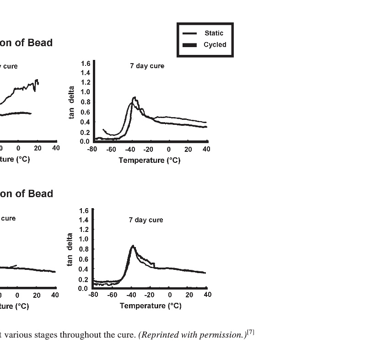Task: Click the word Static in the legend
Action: coord(214,33)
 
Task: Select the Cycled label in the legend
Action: coord(215,45)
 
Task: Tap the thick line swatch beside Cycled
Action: coord(189,45)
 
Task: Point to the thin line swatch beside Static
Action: coord(189,33)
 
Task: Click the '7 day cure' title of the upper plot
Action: coord(147,66)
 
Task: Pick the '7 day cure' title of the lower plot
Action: coord(145,220)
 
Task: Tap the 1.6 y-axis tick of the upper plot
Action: coord(86,63)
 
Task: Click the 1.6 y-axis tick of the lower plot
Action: coord(83,210)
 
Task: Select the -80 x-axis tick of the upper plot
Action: coord(92,149)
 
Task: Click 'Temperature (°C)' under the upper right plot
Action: coord(149,161)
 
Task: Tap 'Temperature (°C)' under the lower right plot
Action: coord(151,306)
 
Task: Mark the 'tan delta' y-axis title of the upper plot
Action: coord(72,102)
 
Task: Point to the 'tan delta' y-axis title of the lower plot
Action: coord(70,249)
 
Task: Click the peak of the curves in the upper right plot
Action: coord(134,97)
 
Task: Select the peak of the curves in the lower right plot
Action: coord(133,246)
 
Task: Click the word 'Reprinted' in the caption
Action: coord(158,334)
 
